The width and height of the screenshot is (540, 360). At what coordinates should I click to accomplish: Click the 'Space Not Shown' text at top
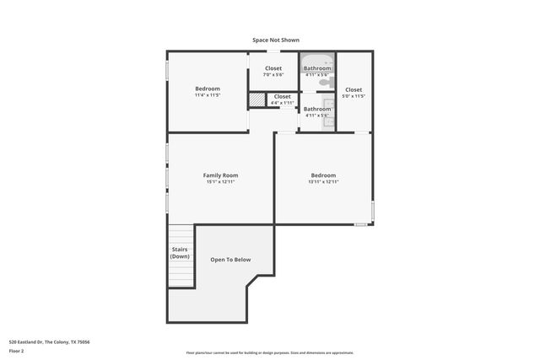pos(275,40)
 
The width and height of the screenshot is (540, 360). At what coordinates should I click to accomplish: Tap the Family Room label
pos(220,175)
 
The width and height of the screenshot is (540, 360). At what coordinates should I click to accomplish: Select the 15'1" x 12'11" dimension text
pos(220,182)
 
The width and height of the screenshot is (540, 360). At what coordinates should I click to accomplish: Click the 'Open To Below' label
pos(230,260)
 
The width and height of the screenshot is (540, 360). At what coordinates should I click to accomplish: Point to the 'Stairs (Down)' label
pos(181,253)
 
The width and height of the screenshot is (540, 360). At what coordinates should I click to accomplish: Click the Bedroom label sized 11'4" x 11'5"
pos(208,89)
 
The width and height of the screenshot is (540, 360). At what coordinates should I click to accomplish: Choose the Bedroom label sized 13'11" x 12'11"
pos(323,175)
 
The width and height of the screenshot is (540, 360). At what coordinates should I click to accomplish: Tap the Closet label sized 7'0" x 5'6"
pos(273,68)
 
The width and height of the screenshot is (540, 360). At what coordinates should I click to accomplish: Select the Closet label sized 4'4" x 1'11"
pos(282,97)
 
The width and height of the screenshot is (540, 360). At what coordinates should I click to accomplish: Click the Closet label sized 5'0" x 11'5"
pos(354,89)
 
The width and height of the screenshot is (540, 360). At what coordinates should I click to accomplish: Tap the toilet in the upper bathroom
pos(331,83)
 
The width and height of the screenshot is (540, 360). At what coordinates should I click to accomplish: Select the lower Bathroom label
pos(317,109)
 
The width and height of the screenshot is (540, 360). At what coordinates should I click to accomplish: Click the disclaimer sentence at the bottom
pos(270,353)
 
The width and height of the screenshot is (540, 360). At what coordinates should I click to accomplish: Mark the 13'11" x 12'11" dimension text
pos(323,182)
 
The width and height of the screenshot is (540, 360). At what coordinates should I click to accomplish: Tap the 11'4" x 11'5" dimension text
pos(208,95)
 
